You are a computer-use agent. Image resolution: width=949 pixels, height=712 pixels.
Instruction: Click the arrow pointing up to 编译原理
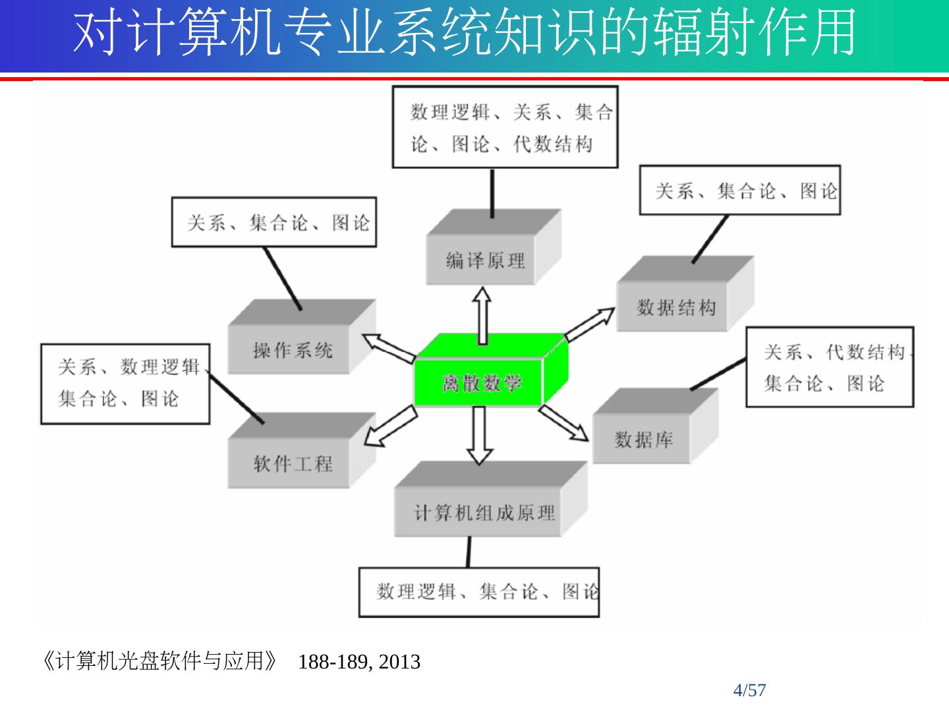click(483, 314)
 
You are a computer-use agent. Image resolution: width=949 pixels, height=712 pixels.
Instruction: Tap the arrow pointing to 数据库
click(564, 423)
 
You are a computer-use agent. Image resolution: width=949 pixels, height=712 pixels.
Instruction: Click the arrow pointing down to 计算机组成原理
click(480, 434)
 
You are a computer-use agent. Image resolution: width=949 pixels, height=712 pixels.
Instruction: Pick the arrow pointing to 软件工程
click(391, 427)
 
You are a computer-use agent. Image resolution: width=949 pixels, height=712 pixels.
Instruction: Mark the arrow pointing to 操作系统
click(389, 348)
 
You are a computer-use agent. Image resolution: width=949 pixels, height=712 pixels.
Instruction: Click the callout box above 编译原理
click(505, 127)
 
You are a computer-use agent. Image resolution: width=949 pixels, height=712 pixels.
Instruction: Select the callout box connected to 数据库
click(830, 367)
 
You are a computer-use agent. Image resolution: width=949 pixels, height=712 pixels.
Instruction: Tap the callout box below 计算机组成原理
click(479, 592)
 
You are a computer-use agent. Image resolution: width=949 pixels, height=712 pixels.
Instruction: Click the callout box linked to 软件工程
click(125, 383)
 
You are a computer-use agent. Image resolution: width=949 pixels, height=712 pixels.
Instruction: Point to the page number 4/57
click(750, 690)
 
